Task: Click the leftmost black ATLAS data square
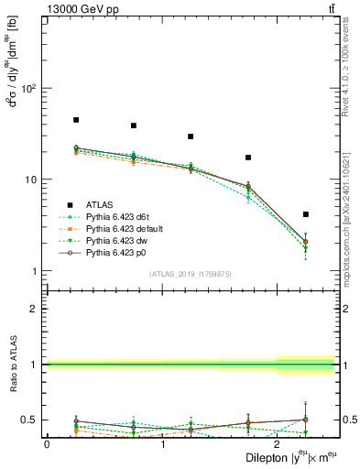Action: (x=75, y=120)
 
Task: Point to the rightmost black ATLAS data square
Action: (x=305, y=214)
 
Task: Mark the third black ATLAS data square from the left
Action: (x=191, y=136)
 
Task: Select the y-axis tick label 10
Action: (x=31, y=180)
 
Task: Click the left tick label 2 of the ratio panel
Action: (x=35, y=309)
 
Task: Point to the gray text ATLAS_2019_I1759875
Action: (x=191, y=273)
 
